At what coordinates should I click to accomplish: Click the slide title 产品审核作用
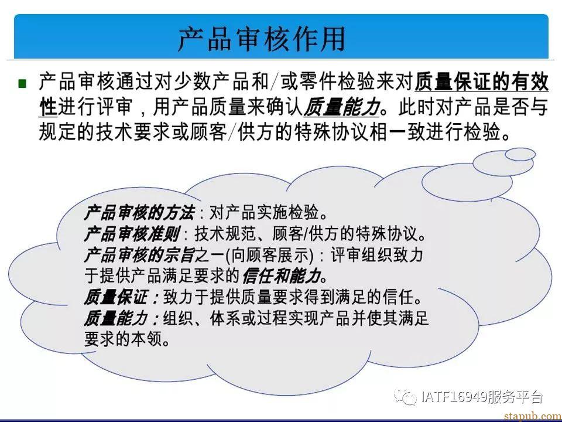pos(262,39)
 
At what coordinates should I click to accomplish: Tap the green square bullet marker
pos(22,84)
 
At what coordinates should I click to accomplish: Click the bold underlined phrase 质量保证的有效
pos(481,82)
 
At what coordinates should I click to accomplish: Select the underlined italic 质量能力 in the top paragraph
pos(341,107)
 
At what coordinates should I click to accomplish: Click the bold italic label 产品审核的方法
pos(140,213)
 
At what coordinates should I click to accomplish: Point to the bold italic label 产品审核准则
pos(132,234)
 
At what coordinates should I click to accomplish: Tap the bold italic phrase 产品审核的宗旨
pos(140,255)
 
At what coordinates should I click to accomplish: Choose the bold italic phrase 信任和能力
pos(282,276)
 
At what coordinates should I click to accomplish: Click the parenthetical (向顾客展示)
pos(269,255)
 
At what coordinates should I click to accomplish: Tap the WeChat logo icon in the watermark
pos(405,397)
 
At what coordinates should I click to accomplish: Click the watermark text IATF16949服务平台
pos(482,397)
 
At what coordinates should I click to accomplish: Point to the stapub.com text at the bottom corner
pos(533,416)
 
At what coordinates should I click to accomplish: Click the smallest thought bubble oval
pos(520,154)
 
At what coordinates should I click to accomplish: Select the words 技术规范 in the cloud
pos(225,234)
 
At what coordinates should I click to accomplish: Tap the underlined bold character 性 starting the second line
pos(48,107)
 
